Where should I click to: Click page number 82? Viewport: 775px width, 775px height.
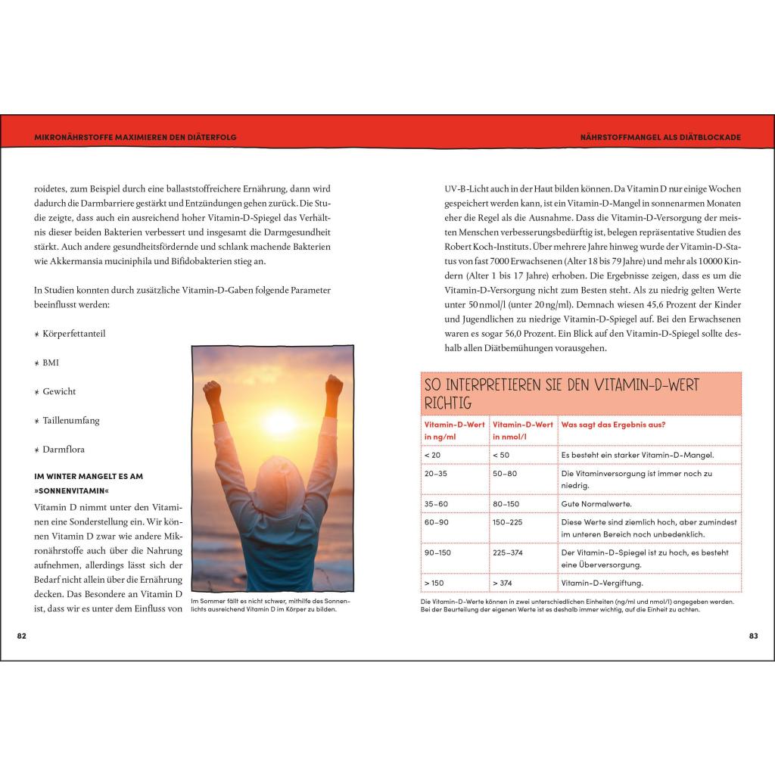tap(22, 636)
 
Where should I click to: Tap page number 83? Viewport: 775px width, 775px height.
tap(753, 636)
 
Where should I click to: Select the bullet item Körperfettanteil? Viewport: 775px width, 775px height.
tap(73, 334)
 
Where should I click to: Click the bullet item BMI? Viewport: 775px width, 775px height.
tap(51, 363)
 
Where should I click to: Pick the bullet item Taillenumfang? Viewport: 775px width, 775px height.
tap(71, 420)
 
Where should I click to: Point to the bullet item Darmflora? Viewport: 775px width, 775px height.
tap(64, 449)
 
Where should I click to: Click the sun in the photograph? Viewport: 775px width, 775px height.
tap(278, 421)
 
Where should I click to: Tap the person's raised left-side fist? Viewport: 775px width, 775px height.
tap(212, 391)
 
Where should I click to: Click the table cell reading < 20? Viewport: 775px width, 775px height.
tap(432, 455)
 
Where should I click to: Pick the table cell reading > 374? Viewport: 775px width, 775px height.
tap(502, 583)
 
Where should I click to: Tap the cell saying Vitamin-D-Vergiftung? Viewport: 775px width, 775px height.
tap(601, 583)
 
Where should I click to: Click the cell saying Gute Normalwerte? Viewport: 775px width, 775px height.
tap(596, 503)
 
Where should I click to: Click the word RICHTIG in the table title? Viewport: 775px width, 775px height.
tap(449, 403)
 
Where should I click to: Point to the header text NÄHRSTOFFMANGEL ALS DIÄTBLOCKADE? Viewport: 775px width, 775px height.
tap(655, 137)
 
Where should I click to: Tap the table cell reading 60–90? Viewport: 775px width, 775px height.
tap(436, 522)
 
